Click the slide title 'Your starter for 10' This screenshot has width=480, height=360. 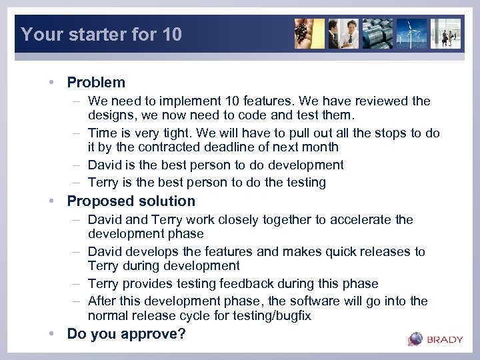[101, 34]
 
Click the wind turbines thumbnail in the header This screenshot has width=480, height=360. [411, 33]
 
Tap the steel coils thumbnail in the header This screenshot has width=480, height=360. [377, 33]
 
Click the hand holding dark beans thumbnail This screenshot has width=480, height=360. [309, 33]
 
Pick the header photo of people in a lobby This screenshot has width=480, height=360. [445, 33]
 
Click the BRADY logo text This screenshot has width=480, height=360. [445, 339]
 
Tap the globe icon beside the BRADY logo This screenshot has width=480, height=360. [415, 339]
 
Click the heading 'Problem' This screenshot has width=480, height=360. [96, 83]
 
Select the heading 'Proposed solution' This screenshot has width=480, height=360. [131, 201]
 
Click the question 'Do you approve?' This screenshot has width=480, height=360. [127, 334]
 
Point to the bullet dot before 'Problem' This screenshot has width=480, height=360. [51, 83]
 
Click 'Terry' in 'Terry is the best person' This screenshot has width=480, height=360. [104, 182]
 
